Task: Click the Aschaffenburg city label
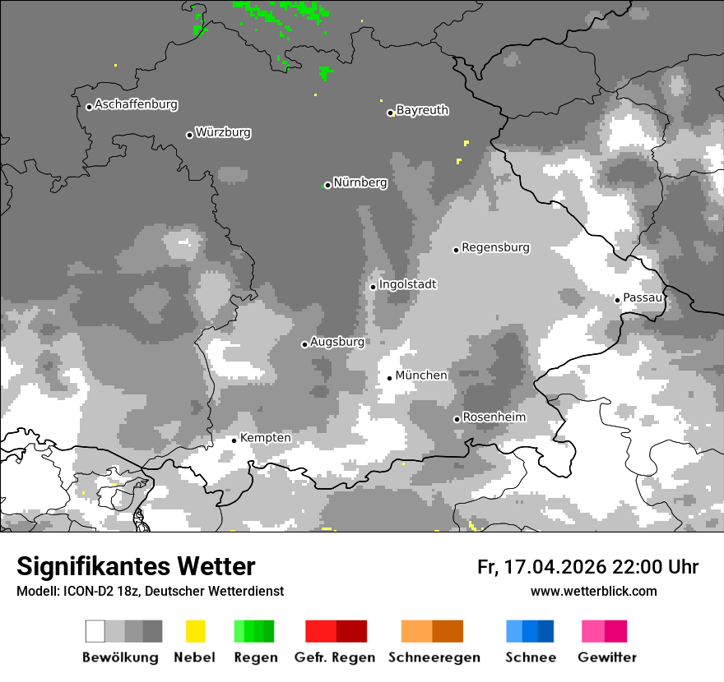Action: click(x=136, y=104)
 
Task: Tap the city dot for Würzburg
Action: click(x=189, y=135)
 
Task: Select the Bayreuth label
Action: click(x=422, y=110)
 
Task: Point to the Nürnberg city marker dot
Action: click(x=327, y=185)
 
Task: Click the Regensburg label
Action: click(x=495, y=247)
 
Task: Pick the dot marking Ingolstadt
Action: click(x=373, y=287)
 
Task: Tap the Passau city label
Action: click(x=643, y=297)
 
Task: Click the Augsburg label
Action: click(x=337, y=342)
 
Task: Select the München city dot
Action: click(x=390, y=378)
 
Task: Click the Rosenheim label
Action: click(x=494, y=417)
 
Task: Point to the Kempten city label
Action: click(x=265, y=438)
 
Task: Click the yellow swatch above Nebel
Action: click(x=195, y=631)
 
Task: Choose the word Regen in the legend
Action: click(x=255, y=657)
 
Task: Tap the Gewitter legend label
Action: click(x=606, y=657)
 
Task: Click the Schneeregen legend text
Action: click(x=434, y=657)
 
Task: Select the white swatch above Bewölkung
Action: click(x=95, y=631)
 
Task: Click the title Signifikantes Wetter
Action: click(x=136, y=566)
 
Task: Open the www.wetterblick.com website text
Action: click(x=593, y=592)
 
